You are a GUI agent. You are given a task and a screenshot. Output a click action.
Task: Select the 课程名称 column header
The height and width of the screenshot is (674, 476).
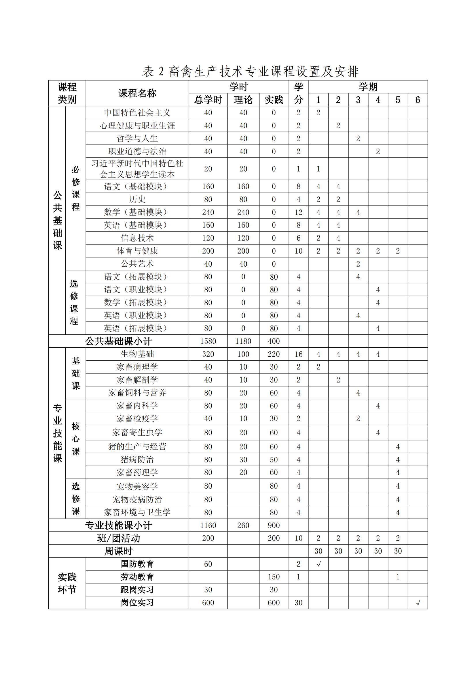(x=137, y=93)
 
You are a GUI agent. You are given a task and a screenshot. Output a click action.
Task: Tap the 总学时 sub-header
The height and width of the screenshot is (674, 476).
(x=208, y=100)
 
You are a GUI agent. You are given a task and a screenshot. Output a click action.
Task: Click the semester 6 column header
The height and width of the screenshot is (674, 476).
(x=417, y=100)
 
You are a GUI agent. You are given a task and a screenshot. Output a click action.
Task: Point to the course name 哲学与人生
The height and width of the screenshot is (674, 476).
(x=137, y=138)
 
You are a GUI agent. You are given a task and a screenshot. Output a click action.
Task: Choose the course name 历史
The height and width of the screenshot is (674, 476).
(x=137, y=199)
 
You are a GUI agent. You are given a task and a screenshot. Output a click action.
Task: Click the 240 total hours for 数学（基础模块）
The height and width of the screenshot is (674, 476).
(x=208, y=212)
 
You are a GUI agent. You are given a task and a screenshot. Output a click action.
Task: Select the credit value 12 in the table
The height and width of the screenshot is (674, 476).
(x=298, y=212)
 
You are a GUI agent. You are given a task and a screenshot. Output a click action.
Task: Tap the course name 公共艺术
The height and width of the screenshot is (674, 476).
(x=137, y=263)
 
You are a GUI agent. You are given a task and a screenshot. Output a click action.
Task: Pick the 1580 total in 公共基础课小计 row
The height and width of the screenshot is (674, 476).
(x=208, y=341)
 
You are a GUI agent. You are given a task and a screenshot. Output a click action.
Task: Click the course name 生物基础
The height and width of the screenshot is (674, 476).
(x=137, y=354)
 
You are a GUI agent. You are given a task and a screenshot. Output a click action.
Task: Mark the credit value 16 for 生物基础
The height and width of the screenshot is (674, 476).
(x=298, y=354)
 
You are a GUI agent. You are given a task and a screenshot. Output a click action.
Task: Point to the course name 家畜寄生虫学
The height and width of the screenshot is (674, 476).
(x=137, y=432)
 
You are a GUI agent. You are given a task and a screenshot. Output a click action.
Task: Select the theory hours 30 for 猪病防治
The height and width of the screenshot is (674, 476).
(x=243, y=460)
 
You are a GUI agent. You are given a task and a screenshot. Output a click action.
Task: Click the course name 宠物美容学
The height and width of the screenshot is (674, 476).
(x=137, y=486)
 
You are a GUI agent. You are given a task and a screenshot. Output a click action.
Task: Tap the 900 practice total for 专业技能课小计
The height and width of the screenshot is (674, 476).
(x=273, y=525)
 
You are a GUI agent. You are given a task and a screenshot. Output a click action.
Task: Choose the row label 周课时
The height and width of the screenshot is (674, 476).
(x=118, y=551)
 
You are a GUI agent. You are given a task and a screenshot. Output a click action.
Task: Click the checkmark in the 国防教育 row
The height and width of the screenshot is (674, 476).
(x=318, y=564)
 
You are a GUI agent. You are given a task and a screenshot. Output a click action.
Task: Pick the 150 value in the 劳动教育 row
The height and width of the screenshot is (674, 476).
(x=273, y=577)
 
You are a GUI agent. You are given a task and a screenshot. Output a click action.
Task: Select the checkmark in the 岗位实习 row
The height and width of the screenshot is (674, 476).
(x=418, y=603)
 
